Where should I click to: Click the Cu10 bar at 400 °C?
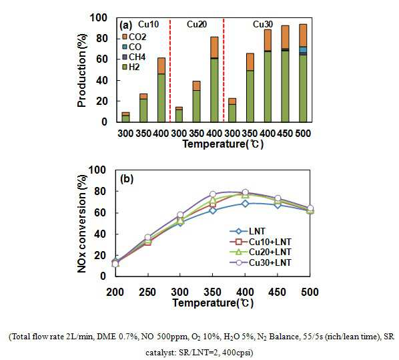pyautogui.click(x=161, y=90)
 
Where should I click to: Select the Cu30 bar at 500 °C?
pyautogui.click(x=303, y=73)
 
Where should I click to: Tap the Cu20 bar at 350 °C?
pyautogui.click(x=196, y=102)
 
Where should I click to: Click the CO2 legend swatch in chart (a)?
pyautogui.click(x=124, y=37)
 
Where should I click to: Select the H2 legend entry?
pyautogui.click(x=131, y=67)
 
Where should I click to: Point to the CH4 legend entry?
pyautogui.click(x=134, y=57)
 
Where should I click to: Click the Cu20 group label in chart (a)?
pyautogui.click(x=196, y=25)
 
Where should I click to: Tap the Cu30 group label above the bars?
pyautogui.click(x=263, y=25)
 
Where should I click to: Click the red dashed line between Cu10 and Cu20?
pyautogui.click(x=169, y=70)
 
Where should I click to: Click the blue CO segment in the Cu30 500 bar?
pyautogui.click(x=303, y=50)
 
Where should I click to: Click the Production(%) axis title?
pyautogui.click(x=82, y=70)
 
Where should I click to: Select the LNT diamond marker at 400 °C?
pyautogui.click(x=245, y=204)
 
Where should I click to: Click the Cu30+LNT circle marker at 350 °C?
pyautogui.click(x=213, y=194)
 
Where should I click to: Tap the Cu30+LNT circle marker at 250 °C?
pyautogui.click(x=148, y=237)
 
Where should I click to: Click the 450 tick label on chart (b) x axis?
pyautogui.click(x=277, y=292)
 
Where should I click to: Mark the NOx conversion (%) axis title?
pyautogui.click(x=82, y=224)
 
